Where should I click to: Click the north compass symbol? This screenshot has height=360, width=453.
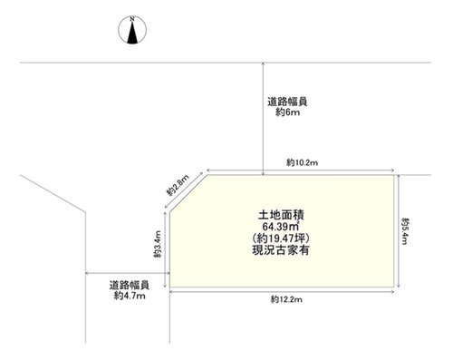(132, 30)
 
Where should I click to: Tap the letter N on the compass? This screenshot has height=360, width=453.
(132, 19)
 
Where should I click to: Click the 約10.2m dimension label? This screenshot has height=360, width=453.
(302, 162)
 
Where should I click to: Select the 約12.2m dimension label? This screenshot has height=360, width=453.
(286, 299)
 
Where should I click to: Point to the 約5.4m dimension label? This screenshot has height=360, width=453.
(405, 230)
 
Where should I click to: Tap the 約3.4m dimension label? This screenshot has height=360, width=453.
(158, 244)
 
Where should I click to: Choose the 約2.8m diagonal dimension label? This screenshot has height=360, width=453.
(178, 185)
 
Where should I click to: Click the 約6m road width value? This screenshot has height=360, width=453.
(287, 112)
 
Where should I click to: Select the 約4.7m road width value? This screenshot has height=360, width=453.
(130, 296)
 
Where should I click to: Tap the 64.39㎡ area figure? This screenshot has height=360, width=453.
(281, 227)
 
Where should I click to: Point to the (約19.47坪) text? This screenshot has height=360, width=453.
(281, 238)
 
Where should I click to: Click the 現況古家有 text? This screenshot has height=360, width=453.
(281, 250)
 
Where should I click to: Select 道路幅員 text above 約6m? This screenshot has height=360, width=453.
(287, 102)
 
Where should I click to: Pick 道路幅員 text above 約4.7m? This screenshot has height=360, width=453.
(130, 285)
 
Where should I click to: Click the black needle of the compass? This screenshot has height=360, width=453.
(132, 32)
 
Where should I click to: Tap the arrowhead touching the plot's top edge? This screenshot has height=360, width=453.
(264, 173)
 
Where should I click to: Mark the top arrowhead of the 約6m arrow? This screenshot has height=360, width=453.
(264, 64)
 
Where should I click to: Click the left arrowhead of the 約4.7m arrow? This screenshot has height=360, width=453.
(88, 273)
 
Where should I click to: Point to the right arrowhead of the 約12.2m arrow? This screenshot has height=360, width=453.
(392, 292)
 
